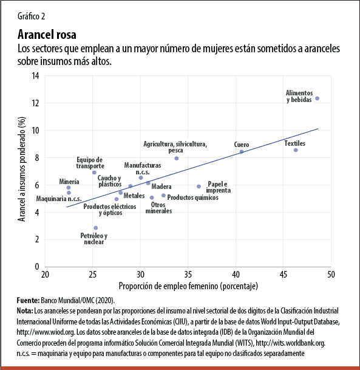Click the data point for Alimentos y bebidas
click(317, 98)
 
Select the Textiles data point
click(296, 150)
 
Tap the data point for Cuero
click(242, 151)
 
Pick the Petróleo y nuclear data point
click(95, 228)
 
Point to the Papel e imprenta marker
click(199, 187)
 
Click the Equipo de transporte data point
click(94, 173)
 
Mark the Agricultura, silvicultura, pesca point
click(177, 159)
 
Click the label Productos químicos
click(192, 197)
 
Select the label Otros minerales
click(161, 208)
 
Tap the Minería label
click(69, 181)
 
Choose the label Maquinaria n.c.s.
click(59, 199)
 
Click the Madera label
click(161, 187)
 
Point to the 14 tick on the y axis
click(35, 76)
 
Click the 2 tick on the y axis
click(37, 239)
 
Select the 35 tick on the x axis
click(188, 275)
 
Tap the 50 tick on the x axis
click(331, 275)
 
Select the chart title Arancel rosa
click(47, 33)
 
